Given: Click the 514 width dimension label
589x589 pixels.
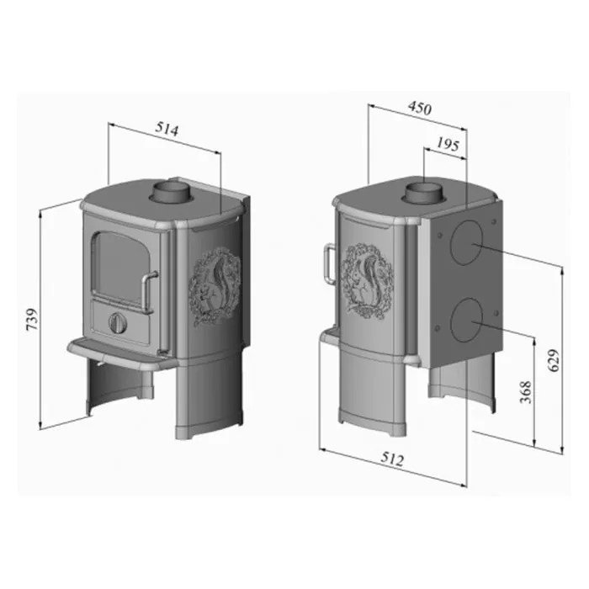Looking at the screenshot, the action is pyautogui.click(x=167, y=129).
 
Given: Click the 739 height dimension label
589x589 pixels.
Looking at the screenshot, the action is pyautogui.click(x=32, y=319).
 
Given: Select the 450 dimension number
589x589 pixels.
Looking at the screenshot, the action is pyautogui.click(x=420, y=108).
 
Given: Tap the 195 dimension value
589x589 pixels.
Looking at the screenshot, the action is pyautogui.click(x=448, y=144).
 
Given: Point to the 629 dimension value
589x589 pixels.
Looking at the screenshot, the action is pyautogui.click(x=554, y=360).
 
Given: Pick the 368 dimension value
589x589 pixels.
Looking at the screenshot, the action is pyautogui.click(x=526, y=392).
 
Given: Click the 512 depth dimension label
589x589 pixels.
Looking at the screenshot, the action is pyautogui.click(x=392, y=459).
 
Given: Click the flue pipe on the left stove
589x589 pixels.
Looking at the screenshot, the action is pyautogui.click(x=170, y=191).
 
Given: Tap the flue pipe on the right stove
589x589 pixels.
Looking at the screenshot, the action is pyautogui.click(x=423, y=194).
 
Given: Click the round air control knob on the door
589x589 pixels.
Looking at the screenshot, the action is pyautogui.click(x=118, y=322).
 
